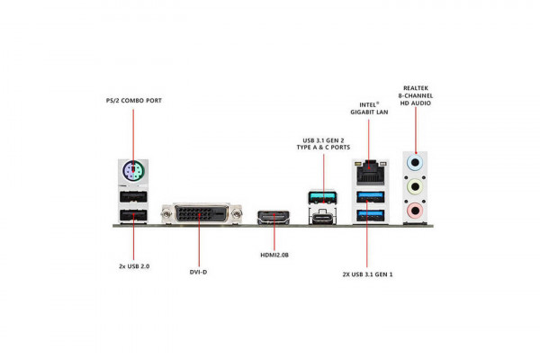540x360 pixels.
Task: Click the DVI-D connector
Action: point(199,214)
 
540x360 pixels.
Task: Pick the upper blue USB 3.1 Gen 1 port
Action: point(368,195)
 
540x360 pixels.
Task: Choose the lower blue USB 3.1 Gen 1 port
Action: point(368,214)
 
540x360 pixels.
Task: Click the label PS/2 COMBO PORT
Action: point(133,99)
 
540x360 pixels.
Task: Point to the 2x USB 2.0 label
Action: point(133,267)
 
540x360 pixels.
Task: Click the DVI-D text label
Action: point(199,267)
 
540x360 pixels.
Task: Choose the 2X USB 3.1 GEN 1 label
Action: point(367,273)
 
